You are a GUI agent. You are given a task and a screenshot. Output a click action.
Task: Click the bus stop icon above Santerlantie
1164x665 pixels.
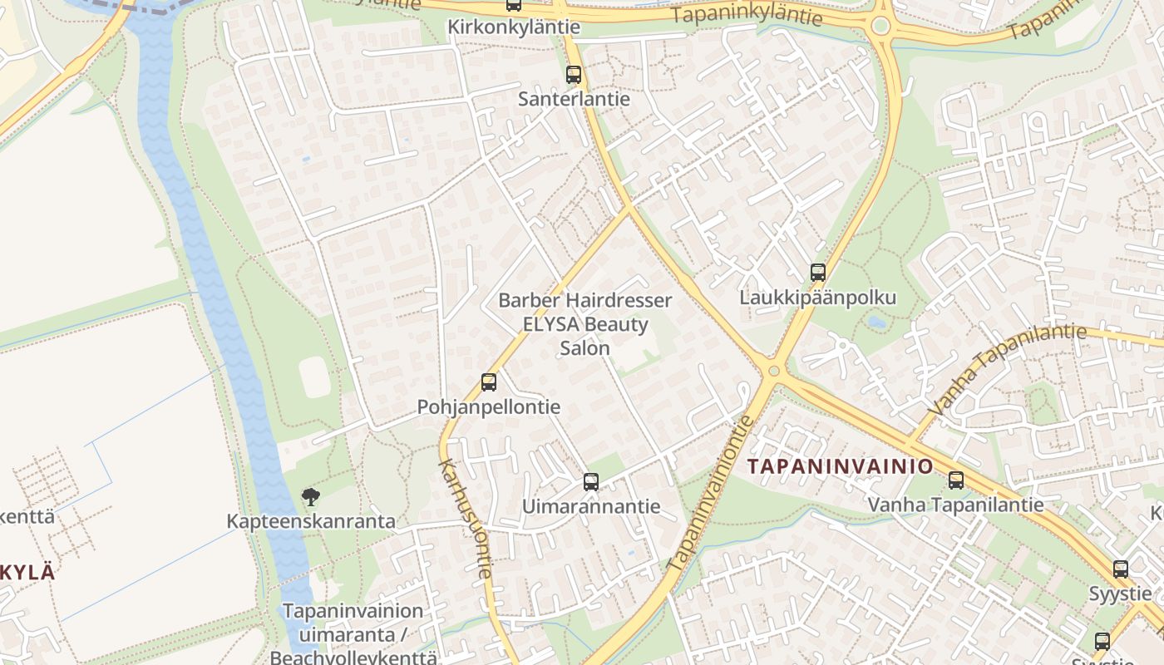574,75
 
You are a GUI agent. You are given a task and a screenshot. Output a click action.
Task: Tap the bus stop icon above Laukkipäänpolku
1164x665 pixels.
818,273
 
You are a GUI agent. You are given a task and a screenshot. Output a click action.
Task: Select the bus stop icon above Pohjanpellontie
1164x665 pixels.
489,382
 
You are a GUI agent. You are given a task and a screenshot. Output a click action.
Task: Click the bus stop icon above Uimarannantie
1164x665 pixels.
591,481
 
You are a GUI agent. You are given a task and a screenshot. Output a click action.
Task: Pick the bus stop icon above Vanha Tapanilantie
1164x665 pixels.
956,480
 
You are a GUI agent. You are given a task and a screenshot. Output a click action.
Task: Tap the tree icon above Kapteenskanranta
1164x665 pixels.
311,497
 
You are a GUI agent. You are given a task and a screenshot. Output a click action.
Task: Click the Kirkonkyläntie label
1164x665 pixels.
514,27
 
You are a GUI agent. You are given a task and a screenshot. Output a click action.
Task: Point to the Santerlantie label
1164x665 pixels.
574,99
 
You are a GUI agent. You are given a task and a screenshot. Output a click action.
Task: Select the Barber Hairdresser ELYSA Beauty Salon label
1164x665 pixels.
585,324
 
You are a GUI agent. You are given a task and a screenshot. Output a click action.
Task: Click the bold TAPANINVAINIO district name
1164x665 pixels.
841,466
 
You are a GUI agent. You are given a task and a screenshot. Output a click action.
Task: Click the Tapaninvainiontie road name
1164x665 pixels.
711,493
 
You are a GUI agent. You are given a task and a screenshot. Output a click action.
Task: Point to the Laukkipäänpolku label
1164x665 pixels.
818,298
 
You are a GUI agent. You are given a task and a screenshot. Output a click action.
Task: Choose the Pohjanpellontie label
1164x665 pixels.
489,407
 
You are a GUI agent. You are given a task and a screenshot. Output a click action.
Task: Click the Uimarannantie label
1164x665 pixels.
591,506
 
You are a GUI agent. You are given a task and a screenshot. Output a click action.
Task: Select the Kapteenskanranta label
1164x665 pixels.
311,522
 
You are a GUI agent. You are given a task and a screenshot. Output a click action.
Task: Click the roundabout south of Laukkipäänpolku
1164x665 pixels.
774,371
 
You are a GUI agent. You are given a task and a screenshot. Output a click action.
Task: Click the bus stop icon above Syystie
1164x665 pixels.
1121,569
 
